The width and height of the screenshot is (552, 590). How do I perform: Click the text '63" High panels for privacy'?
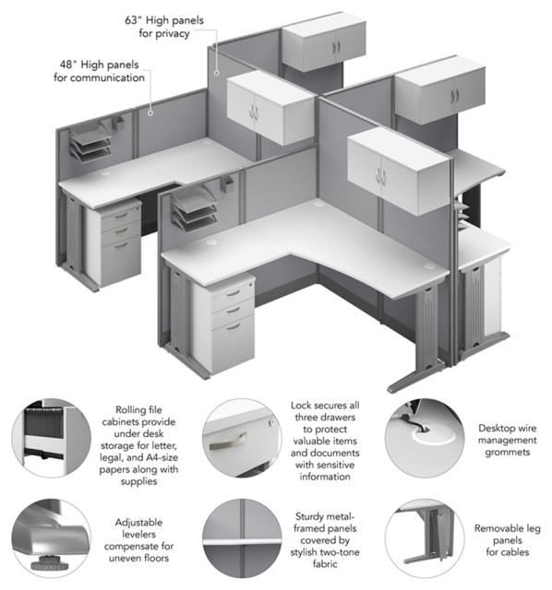[x=164, y=27]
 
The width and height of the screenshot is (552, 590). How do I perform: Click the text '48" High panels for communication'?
[x=99, y=71]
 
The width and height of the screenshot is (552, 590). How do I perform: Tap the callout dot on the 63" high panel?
[x=217, y=73]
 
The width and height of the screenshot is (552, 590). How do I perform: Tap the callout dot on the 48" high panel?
[x=150, y=112]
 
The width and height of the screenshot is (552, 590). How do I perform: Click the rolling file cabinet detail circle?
[x=51, y=439]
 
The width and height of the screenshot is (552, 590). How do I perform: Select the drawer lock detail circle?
[x=242, y=439]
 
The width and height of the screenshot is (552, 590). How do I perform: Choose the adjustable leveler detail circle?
[x=51, y=538]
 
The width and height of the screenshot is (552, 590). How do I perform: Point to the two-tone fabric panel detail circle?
[x=242, y=538]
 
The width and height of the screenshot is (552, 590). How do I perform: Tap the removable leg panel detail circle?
[x=425, y=538]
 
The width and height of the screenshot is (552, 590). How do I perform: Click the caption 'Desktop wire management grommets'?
[x=507, y=440]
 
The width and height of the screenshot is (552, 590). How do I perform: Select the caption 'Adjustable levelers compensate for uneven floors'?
[x=138, y=540]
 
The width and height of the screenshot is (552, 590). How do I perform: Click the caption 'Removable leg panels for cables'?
[x=507, y=540]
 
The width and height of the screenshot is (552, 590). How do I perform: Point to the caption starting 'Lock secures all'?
[x=325, y=441]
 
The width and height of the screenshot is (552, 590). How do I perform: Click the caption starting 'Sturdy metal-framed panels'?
[x=325, y=539]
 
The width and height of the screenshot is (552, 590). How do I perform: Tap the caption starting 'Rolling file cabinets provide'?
[x=138, y=445]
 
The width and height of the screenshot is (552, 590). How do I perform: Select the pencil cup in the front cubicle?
[x=227, y=183]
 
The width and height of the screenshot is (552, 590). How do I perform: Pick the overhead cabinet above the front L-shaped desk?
[x=399, y=171]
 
